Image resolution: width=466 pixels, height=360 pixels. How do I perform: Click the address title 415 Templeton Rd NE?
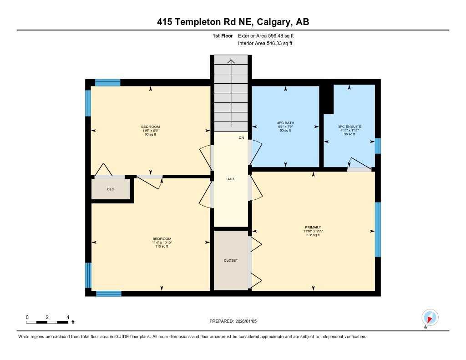click(x=233, y=22)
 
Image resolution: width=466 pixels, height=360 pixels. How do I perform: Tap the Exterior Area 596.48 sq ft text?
click(x=269, y=35)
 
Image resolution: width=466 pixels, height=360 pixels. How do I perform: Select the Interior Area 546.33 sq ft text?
click(x=265, y=43)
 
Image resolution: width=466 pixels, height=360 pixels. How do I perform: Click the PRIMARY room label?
click(x=313, y=227)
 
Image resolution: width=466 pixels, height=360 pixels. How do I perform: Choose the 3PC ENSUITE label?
click(x=349, y=127)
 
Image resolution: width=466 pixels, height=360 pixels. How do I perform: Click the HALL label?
click(x=231, y=179)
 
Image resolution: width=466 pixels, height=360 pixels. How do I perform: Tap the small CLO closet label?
click(x=111, y=189)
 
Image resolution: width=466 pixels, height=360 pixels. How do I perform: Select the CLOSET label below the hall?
click(x=231, y=260)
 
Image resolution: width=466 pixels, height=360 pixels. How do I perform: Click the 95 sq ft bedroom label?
click(x=150, y=131)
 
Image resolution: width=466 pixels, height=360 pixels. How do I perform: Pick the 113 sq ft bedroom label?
click(x=162, y=243)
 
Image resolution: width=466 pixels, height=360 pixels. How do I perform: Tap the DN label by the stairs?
click(x=241, y=137)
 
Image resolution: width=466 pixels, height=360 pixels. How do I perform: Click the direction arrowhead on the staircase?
click(x=231, y=62)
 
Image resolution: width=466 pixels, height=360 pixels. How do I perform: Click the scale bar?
click(x=47, y=322)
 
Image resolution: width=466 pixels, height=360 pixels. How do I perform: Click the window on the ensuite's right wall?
click(x=377, y=146)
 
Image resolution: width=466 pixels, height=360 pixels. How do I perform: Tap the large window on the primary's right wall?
click(x=377, y=229)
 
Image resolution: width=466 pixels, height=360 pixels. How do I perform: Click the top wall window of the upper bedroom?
click(x=107, y=82)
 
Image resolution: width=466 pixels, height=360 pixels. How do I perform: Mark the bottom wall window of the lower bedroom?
click(x=109, y=294)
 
